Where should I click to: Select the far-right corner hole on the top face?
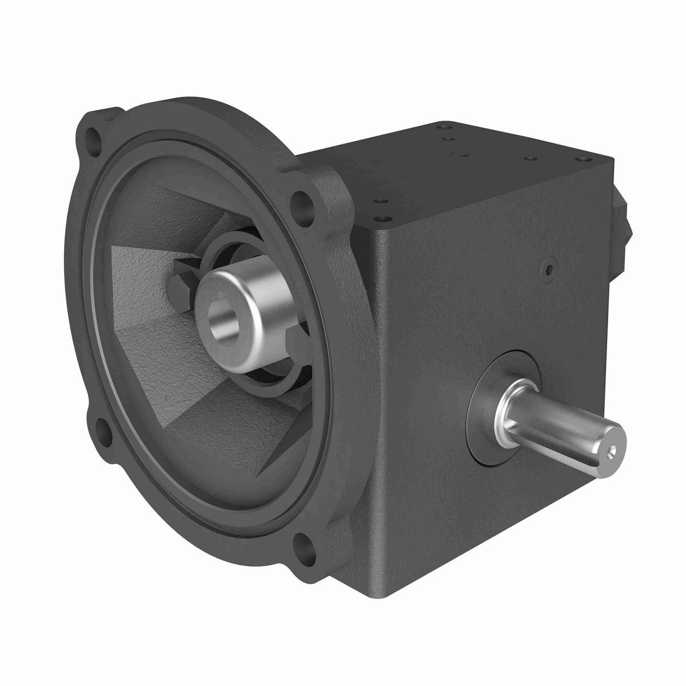pos(584,158)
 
